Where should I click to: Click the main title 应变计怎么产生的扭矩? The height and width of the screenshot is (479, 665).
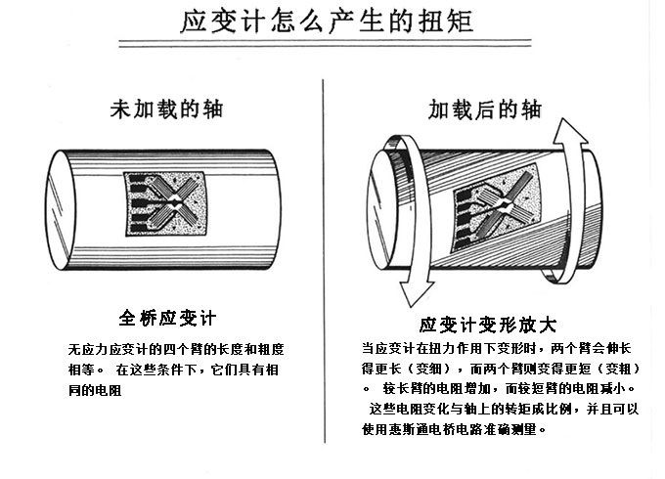[328, 22]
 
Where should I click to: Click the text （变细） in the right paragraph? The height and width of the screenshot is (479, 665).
[426, 369]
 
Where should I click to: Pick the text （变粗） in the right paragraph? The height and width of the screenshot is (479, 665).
[617, 369]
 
